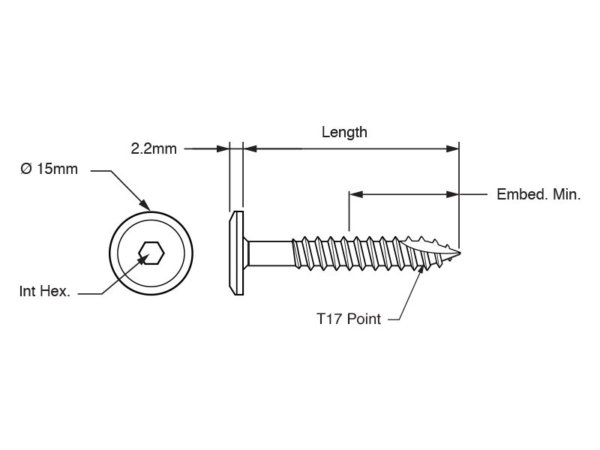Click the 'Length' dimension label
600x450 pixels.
pyautogui.click(x=344, y=133)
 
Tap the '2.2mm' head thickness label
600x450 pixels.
pyautogui.click(x=154, y=148)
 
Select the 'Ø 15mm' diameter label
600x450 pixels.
pyautogui.click(x=49, y=169)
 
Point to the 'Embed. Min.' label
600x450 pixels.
pyautogui.click(x=538, y=195)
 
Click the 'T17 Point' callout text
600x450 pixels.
pyautogui.click(x=348, y=319)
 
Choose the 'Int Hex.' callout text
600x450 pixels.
pyautogui.click(x=45, y=292)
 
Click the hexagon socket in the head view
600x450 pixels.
pyautogui.click(x=151, y=253)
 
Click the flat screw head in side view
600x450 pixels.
pyautogui.click(x=236, y=252)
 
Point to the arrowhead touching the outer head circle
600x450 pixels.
pyautogui.click(x=144, y=204)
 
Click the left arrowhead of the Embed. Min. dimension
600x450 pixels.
pyautogui.click(x=355, y=195)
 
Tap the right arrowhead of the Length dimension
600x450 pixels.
pyautogui.click(x=452, y=149)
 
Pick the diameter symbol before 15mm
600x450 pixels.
pyautogui.click(x=25, y=169)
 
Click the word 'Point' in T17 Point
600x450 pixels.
pyautogui.click(x=364, y=319)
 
